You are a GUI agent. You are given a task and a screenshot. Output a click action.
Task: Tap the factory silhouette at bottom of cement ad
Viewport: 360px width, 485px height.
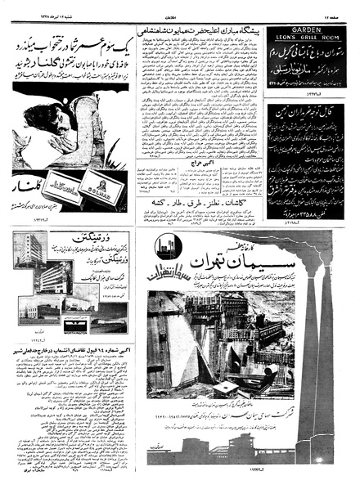245,451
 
